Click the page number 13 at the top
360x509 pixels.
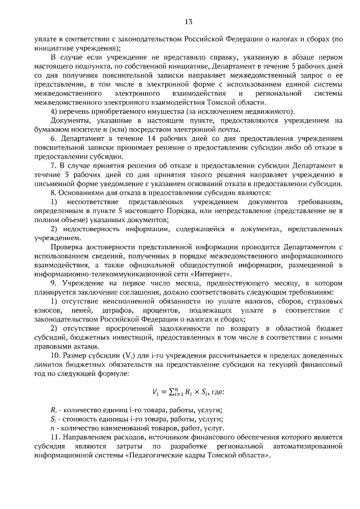click(188, 22)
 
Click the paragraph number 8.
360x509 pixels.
click(52, 192)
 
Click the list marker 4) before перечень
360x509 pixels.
click(53, 111)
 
